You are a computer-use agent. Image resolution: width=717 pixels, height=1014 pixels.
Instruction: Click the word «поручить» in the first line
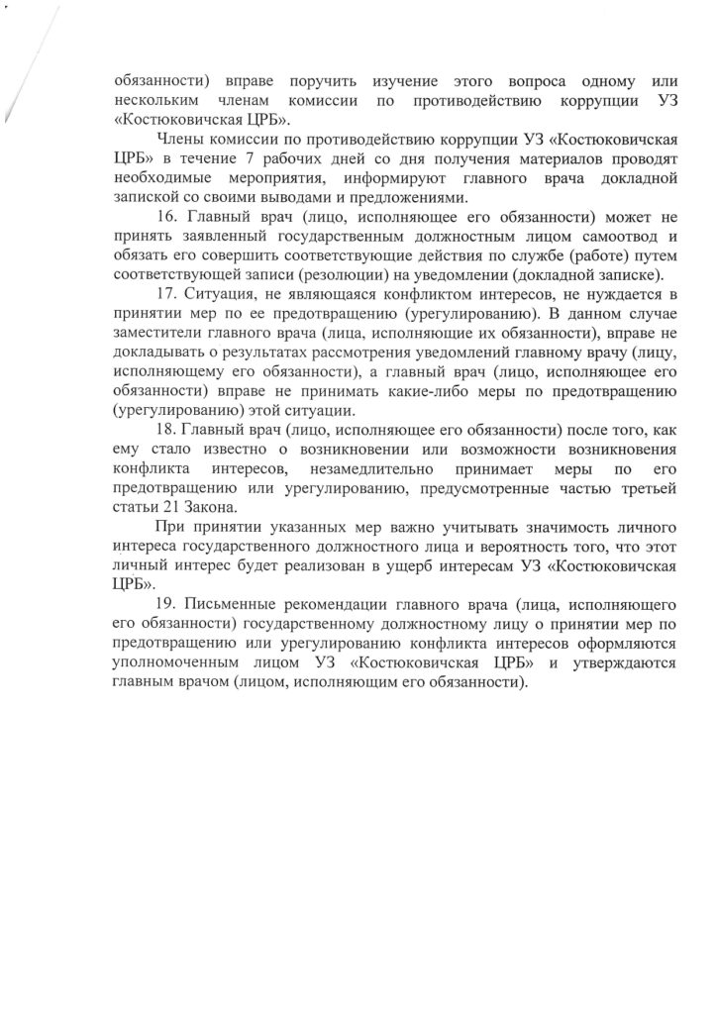[322, 81]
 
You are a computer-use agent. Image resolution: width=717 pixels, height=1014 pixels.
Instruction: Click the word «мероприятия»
[266, 178]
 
